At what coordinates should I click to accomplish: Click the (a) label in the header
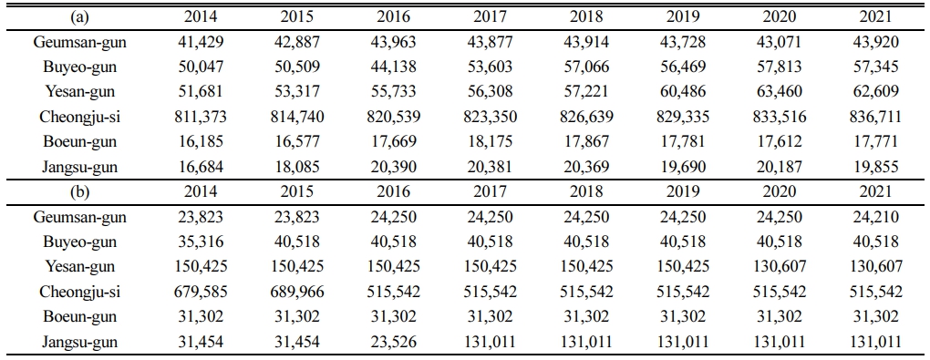(79, 17)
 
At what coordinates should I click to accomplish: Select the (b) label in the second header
(79, 191)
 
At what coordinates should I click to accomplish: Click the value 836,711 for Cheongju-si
(875, 118)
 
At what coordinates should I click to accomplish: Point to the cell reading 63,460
(780, 93)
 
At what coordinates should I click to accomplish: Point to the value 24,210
(875, 217)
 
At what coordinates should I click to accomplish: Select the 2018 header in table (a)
(586, 17)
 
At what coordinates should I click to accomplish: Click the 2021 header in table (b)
(875, 191)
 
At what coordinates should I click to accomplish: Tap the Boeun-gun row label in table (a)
(79, 142)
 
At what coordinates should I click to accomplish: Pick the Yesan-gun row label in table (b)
(79, 267)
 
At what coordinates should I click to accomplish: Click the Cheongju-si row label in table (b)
(79, 293)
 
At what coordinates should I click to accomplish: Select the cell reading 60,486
(683, 93)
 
